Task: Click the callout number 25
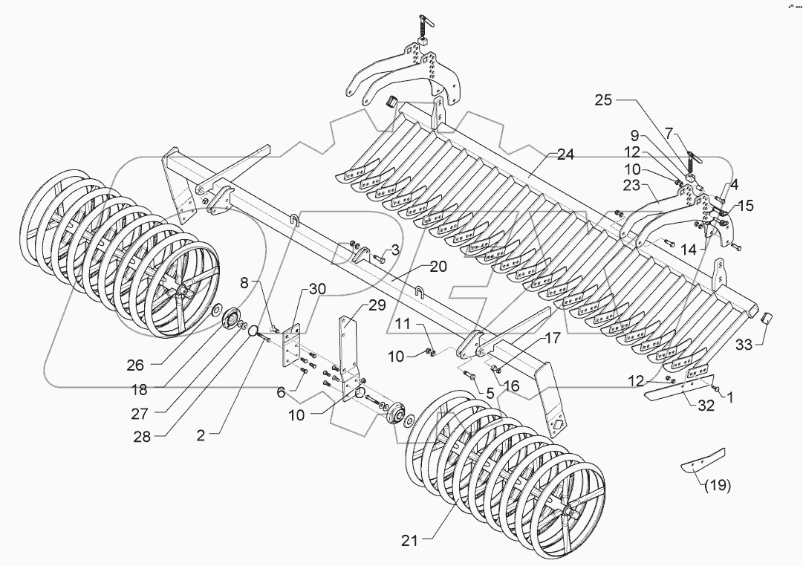(x=603, y=101)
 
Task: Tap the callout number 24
(x=566, y=155)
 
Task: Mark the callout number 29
(x=377, y=305)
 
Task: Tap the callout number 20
(x=438, y=267)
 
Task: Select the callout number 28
(x=141, y=437)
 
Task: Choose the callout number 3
(x=395, y=250)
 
